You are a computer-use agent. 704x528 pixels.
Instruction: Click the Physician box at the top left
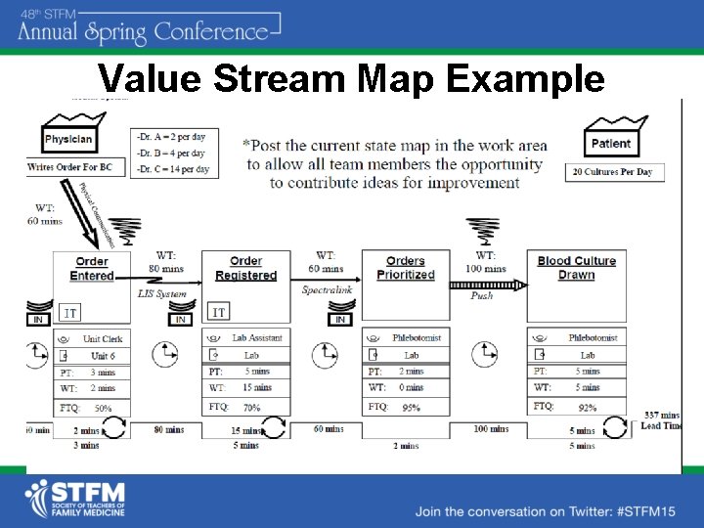[67, 139]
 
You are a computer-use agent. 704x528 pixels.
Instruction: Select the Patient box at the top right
[611, 143]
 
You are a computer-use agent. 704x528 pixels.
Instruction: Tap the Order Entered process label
[92, 268]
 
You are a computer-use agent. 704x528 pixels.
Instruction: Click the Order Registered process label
[245, 268]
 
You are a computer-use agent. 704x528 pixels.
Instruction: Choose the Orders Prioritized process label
[405, 268]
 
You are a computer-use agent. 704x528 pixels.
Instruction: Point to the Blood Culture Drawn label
[576, 268]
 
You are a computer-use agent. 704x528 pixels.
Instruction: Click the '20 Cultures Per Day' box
[612, 172]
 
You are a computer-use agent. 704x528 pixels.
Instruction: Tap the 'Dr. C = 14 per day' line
[173, 169]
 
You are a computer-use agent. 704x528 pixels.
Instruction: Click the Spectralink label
[328, 290]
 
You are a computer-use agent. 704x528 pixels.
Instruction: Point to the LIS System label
[161, 293]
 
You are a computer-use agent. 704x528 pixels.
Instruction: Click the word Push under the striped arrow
[482, 295]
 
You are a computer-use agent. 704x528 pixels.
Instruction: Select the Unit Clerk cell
[102, 338]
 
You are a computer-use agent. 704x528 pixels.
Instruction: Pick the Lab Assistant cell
[257, 338]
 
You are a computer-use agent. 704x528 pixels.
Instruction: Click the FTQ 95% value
[412, 407]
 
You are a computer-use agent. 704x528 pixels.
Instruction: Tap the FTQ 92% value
[587, 407]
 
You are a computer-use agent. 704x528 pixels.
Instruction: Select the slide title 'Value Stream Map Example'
[351, 78]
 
